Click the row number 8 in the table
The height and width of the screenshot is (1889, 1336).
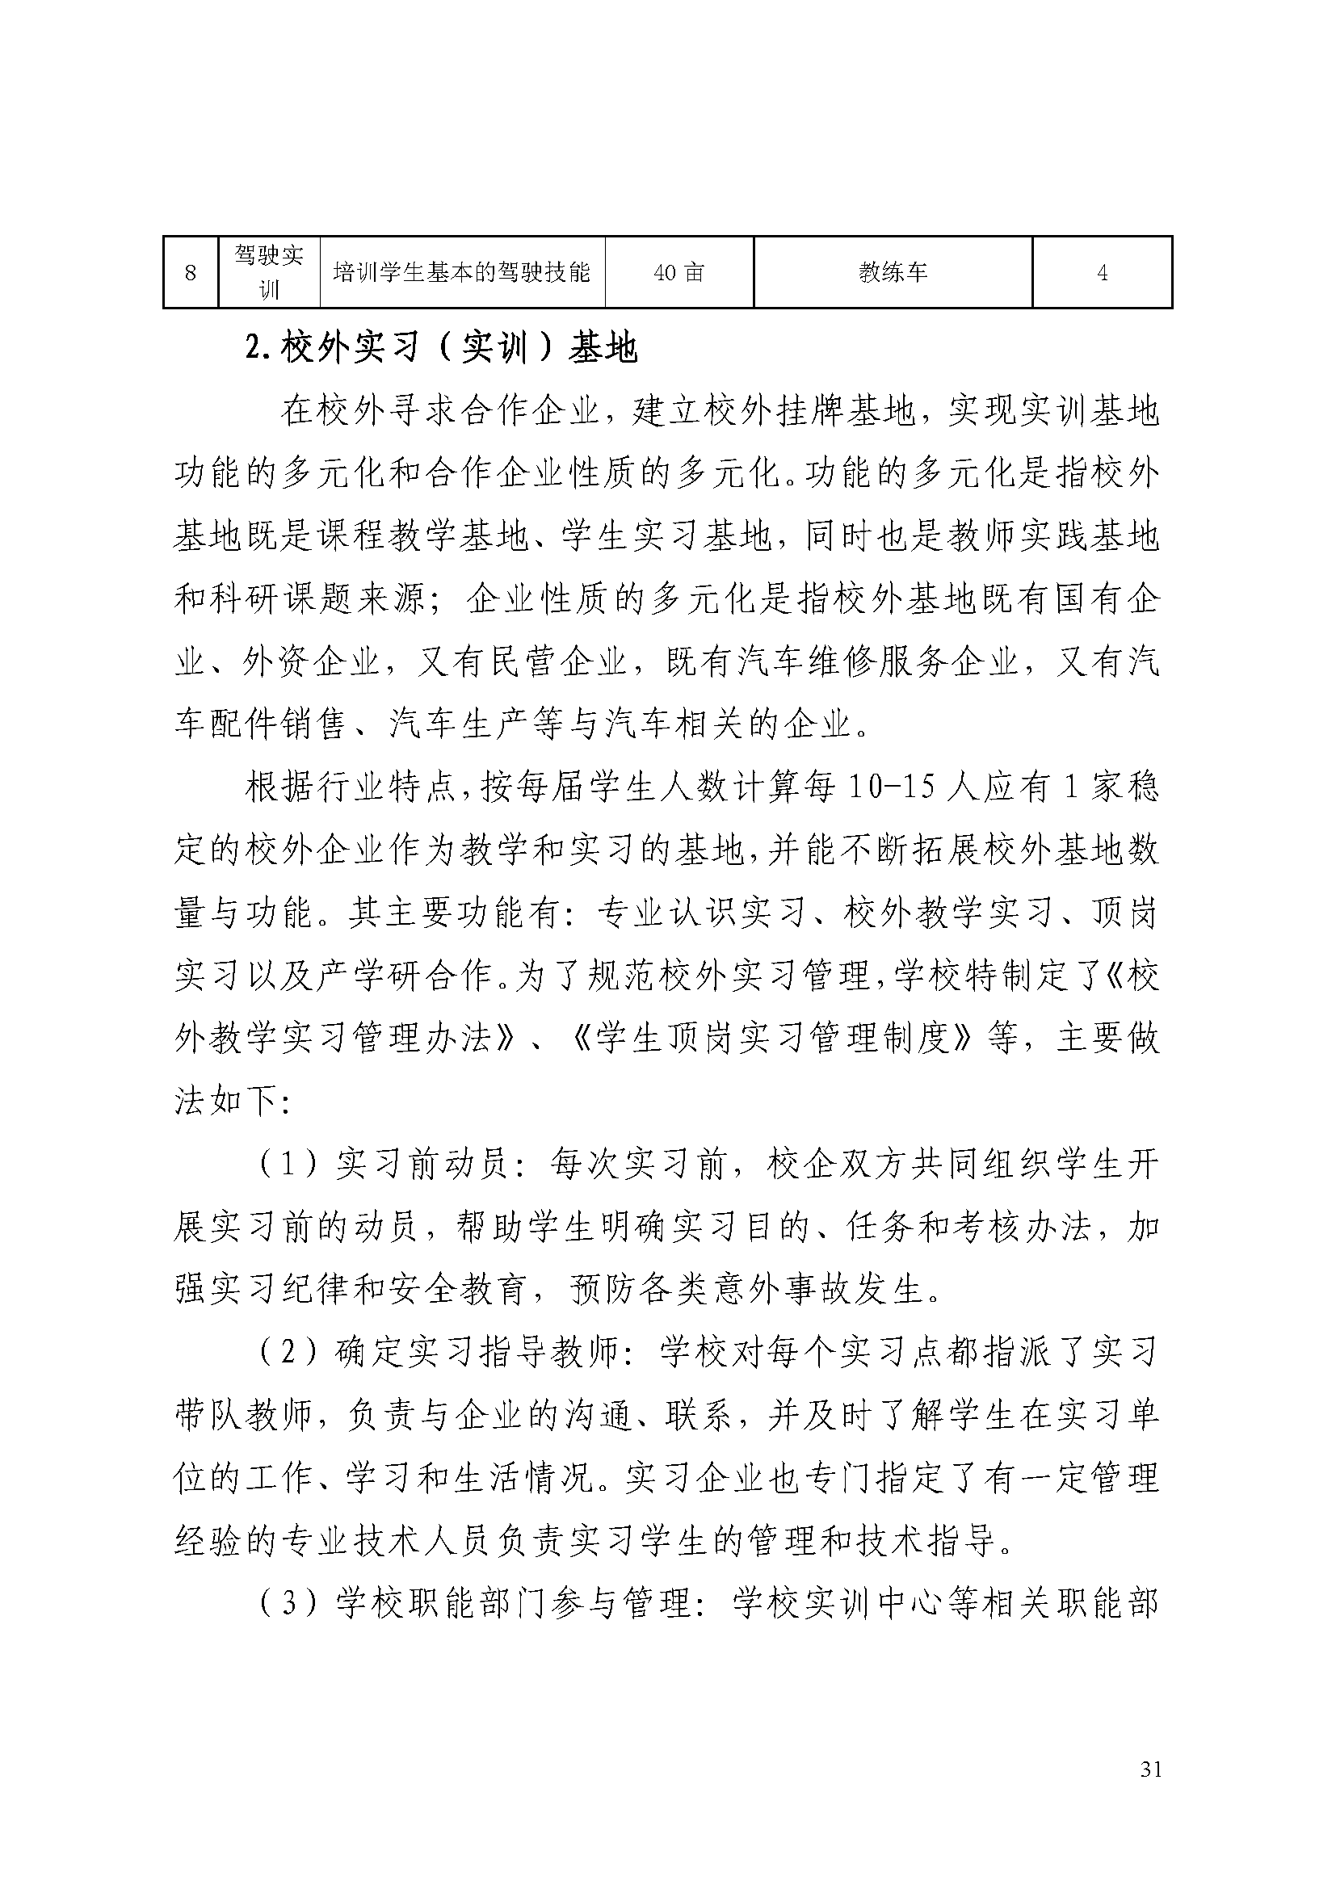191,272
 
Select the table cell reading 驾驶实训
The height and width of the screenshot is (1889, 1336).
269,272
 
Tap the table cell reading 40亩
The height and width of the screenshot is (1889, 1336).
679,272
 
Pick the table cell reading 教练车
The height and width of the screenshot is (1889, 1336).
893,272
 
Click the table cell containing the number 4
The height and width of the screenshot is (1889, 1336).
1102,272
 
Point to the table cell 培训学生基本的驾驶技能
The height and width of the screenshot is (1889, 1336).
461,272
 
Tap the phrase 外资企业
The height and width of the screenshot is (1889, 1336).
312,662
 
